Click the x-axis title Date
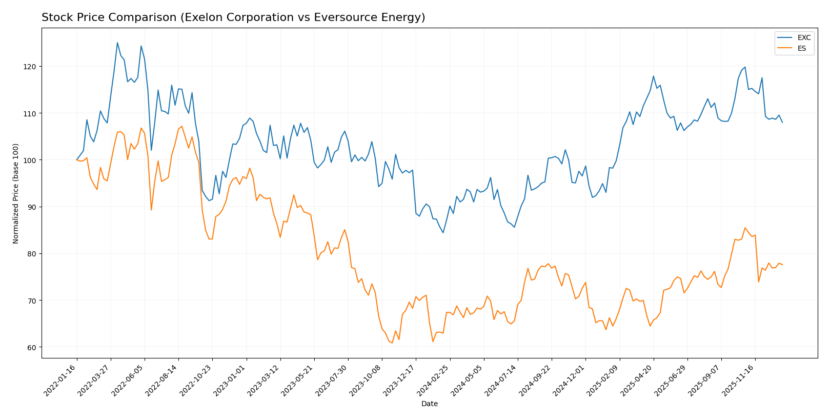click(x=429, y=404)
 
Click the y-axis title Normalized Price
click(x=16, y=193)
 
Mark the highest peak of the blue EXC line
click(x=117, y=43)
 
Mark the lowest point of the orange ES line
click(x=392, y=343)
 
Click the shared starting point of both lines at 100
click(x=77, y=160)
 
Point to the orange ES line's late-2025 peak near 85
click(x=745, y=228)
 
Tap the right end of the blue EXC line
click(x=782, y=122)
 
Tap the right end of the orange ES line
click(x=782, y=265)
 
